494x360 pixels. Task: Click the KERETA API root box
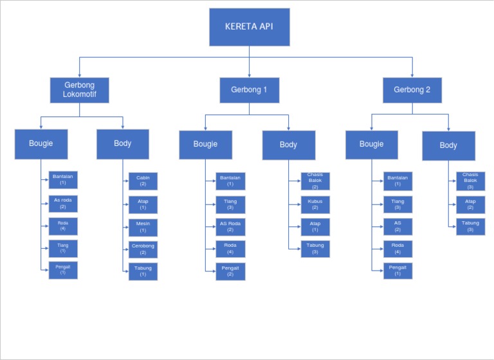click(249, 27)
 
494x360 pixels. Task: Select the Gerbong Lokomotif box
click(79, 90)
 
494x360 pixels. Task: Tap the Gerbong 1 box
click(249, 90)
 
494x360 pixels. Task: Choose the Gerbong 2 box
click(412, 90)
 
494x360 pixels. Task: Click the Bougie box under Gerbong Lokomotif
click(41, 144)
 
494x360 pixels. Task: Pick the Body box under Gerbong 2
click(448, 146)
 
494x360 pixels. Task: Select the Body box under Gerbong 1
click(288, 145)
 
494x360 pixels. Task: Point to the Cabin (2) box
click(143, 181)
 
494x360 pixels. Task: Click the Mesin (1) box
click(143, 228)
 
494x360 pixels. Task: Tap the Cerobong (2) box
click(143, 249)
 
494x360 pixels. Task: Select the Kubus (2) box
click(315, 205)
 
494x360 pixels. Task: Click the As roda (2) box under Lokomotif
click(63, 204)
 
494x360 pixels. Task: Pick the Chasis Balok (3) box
click(470, 181)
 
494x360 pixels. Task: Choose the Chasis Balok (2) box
click(315, 181)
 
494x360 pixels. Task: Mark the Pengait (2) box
click(230, 271)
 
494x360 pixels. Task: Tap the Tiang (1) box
click(63, 249)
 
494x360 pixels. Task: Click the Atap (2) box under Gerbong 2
click(470, 204)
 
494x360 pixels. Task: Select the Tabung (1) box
click(143, 271)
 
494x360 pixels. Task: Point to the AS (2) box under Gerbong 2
click(398, 227)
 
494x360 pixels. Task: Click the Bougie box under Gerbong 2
click(371, 145)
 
